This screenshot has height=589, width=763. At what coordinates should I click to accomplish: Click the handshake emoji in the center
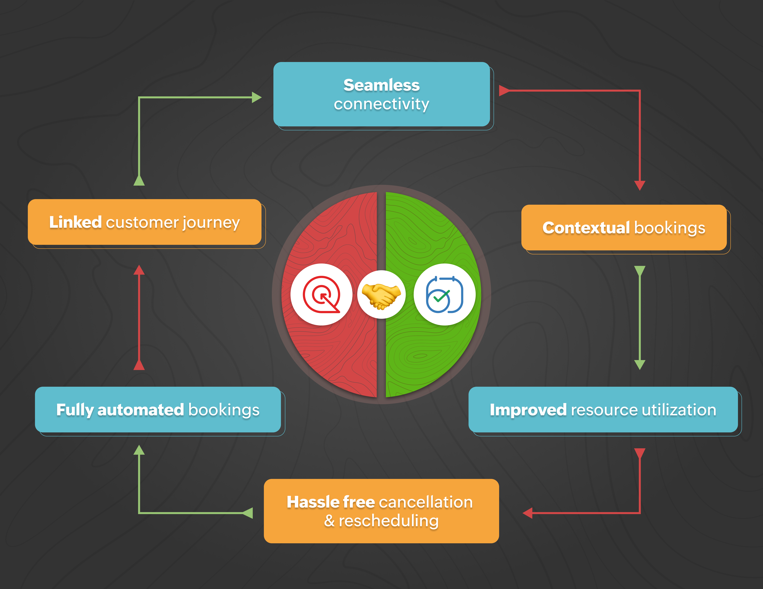381,294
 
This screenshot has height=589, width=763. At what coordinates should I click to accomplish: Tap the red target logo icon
321,294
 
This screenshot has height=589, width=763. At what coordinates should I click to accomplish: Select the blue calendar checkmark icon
444,294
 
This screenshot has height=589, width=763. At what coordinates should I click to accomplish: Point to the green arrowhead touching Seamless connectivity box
257,97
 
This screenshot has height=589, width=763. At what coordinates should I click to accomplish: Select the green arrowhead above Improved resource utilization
639,364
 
